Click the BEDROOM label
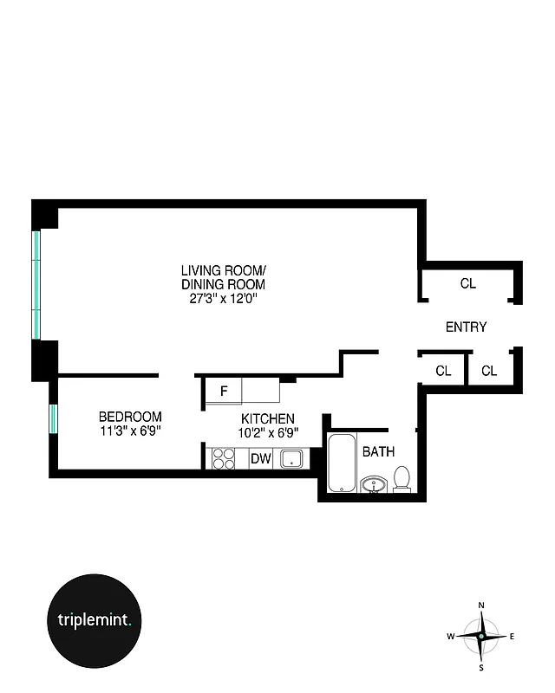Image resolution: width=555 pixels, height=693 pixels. (130, 415)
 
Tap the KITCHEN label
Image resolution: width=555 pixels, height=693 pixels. (267, 418)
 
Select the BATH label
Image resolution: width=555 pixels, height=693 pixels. (378, 451)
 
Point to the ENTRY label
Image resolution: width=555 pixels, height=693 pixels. (466, 327)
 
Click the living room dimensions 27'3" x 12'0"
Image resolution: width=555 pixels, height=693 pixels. (223, 297)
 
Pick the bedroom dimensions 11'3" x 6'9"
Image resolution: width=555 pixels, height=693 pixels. (130, 429)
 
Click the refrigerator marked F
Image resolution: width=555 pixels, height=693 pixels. (224, 391)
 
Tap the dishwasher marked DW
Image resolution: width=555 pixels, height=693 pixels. (261, 459)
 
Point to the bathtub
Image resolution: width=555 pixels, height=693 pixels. (341, 463)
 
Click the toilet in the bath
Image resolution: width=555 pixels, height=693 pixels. (402, 479)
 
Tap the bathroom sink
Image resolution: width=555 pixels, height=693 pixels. (375, 483)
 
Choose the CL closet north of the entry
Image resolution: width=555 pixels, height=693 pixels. (467, 283)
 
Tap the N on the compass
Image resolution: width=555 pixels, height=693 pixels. (481, 605)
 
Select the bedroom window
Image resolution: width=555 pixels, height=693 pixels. (53, 418)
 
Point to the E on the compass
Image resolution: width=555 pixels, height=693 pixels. (512, 637)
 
